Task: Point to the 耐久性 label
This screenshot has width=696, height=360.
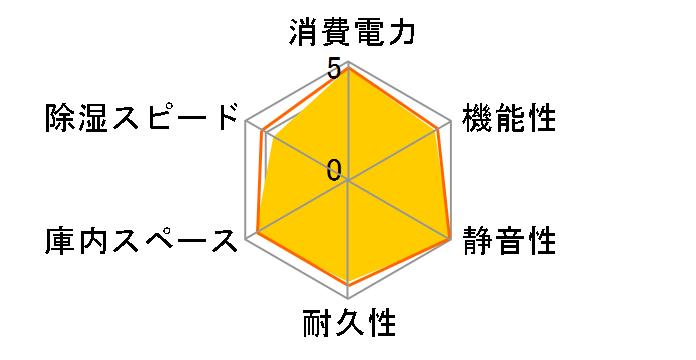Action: coord(349,325)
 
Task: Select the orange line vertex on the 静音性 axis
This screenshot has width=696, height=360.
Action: coord(450,239)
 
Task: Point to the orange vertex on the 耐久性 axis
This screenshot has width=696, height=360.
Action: coord(349,286)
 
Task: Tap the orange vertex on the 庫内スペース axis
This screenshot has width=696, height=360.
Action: coord(257,234)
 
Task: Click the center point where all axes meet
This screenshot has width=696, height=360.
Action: coord(349,181)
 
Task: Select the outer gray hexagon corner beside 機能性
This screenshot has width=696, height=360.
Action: coord(452,122)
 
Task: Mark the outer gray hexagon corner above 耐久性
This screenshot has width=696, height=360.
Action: coord(349,300)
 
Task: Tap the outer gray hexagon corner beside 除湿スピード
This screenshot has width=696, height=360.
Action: coord(246,122)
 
